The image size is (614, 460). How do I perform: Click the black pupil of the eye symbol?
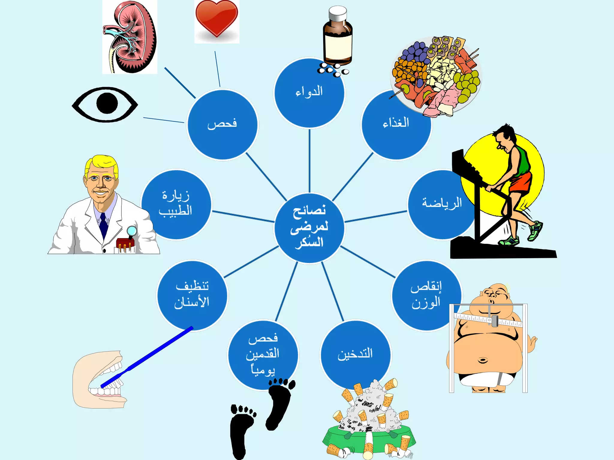point(107,103)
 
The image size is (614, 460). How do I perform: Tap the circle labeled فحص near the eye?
point(222,125)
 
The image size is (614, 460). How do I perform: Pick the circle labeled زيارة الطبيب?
point(176,205)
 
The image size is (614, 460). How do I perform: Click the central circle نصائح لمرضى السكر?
point(309,228)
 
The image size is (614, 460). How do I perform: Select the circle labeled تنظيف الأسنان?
point(192,295)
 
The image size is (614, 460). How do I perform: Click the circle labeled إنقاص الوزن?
point(426,295)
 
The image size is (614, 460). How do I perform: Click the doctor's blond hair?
point(102,163)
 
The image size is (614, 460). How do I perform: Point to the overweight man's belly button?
point(483,360)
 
